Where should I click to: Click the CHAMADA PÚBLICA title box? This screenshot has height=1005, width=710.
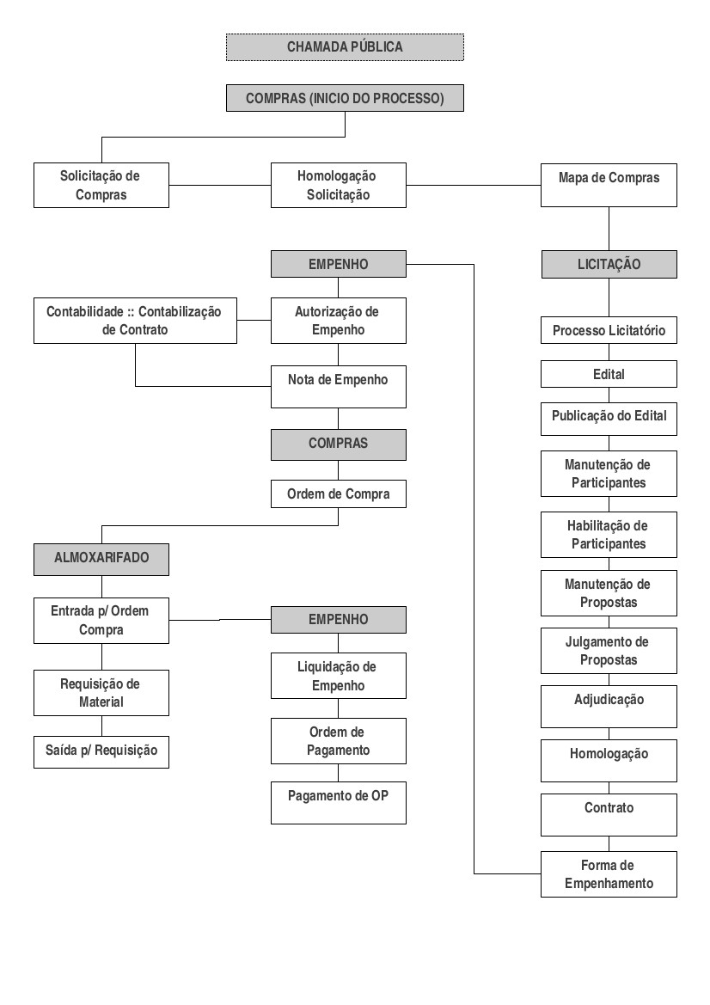(x=345, y=47)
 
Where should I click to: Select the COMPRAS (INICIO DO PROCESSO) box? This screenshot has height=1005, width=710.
(x=345, y=98)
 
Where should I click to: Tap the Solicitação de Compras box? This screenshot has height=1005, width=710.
(x=101, y=185)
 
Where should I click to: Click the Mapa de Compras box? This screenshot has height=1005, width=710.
(x=609, y=185)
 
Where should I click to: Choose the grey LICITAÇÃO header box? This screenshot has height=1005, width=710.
(x=609, y=264)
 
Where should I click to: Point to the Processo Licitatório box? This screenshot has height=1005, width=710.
(x=609, y=330)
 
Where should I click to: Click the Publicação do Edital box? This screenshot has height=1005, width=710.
(x=609, y=420)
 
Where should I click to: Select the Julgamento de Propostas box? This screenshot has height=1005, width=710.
(x=609, y=651)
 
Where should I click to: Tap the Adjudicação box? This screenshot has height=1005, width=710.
(x=609, y=707)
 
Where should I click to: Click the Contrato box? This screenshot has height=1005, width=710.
(x=609, y=815)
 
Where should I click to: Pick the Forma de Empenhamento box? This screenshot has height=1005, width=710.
(x=609, y=874)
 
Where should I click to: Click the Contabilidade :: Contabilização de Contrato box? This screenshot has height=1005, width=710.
(x=135, y=321)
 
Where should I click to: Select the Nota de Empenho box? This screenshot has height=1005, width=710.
(x=339, y=387)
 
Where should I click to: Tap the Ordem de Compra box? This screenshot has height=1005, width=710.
(x=339, y=494)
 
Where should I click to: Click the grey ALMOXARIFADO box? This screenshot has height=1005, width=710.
(x=101, y=560)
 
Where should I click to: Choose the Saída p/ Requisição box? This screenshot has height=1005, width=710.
(x=101, y=752)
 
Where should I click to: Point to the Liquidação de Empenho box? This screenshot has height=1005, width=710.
(x=339, y=676)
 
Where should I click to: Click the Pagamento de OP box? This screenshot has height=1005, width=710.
(x=339, y=802)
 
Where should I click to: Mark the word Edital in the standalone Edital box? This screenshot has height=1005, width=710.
(x=609, y=374)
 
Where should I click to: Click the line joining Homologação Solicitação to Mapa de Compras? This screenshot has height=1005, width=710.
(x=474, y=185)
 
